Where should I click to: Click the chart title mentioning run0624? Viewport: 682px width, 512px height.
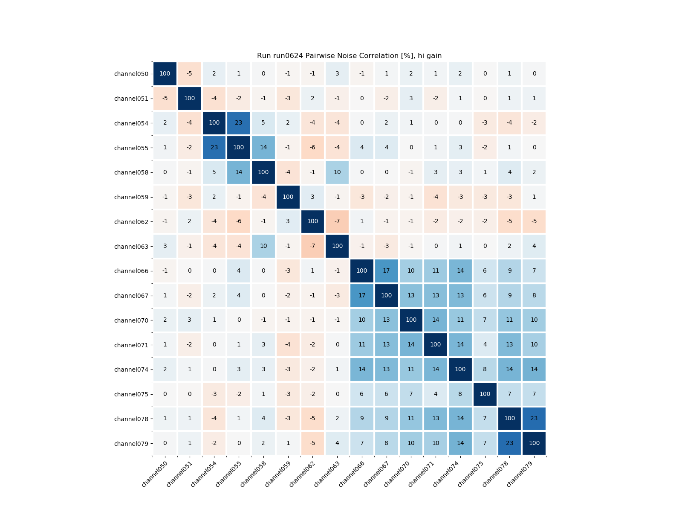tap(349, 56)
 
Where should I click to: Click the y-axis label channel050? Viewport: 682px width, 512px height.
tap(131, 74)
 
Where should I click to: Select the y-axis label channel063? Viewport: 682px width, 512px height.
tap(131, 247)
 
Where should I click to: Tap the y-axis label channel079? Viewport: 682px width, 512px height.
tap(131, 444)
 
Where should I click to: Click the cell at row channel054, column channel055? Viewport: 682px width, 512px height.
tap(239, 123)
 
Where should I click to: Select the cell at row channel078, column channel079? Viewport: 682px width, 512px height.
tap(534, 419)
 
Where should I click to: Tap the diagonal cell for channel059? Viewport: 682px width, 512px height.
tap(288, 197)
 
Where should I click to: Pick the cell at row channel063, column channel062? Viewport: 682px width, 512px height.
tap(312, 246)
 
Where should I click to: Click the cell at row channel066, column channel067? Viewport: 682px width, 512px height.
tap(386, 271)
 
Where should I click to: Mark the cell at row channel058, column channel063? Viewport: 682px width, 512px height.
tap(337, 172)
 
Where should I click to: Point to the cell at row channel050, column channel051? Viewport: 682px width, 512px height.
tap(190, 73)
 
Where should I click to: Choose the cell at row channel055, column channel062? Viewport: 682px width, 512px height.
tap(312, 148)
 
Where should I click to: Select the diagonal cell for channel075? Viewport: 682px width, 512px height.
tap(485, 394)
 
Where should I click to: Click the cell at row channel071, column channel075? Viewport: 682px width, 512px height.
tap(485, 345)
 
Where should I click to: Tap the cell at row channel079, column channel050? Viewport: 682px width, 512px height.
tap(165, 443)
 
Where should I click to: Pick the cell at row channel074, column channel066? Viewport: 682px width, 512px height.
tap(362, 369)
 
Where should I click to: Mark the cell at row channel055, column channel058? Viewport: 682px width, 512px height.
tap(263, 148)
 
